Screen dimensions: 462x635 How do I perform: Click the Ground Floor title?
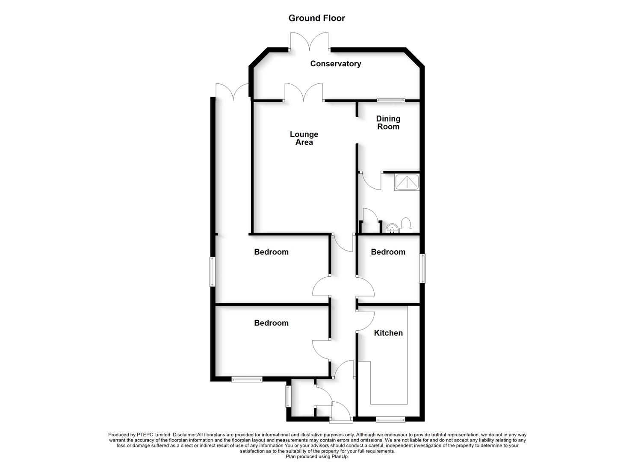coord(316,18)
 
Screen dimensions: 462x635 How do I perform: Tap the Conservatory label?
coord(335,64)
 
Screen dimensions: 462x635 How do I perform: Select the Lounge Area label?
coord(304,138)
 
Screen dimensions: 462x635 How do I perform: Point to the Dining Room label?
coord(388,122)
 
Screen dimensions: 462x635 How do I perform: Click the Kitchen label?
coord(388,333)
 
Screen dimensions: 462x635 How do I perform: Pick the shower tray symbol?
coord(407,182)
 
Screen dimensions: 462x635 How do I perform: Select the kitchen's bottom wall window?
coord(390,419)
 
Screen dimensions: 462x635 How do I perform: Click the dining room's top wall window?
coord(391,100)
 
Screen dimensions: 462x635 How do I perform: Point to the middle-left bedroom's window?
coord(212,272)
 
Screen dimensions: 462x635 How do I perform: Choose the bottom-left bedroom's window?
coord(247,379)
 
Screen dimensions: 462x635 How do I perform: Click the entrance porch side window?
coord(288,396)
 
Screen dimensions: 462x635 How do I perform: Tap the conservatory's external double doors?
coord(310,42)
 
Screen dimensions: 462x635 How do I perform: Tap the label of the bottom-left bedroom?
coord(271,323)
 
